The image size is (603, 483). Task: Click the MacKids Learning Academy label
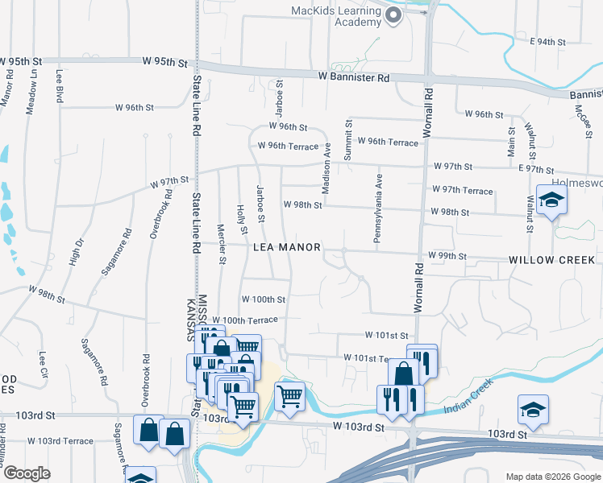336,16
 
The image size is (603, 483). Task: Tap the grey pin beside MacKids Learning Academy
394,15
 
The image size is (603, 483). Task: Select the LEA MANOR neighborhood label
287,248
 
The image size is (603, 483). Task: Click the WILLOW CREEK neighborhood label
551,260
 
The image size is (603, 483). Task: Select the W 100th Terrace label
245,320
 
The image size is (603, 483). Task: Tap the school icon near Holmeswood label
551,200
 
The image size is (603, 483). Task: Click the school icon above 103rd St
533,410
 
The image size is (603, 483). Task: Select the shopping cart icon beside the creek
289,395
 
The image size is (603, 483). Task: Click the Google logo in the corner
27,474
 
